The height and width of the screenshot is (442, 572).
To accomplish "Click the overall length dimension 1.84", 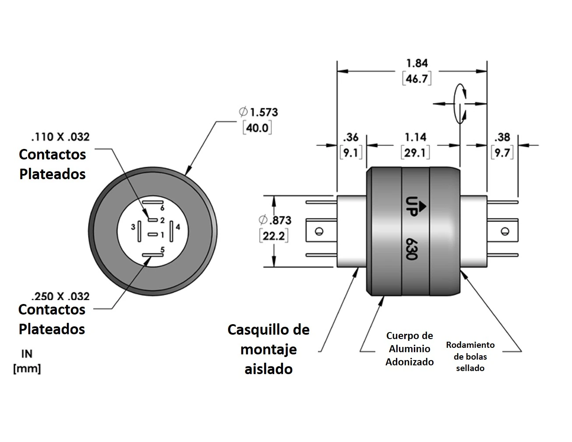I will click(x=417, y=63).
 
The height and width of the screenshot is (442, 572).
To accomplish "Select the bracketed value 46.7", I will click(x=417, y=79).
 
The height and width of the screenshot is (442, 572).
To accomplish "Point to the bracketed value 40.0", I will click(x=258, y=128).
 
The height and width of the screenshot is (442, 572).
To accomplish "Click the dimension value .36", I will click(x=350, y=138).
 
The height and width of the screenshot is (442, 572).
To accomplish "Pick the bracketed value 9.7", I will click(x=502, y=153).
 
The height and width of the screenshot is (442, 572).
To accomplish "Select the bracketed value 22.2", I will click(x=273, y=237).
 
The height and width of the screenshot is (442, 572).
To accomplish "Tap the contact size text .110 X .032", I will click(x=60, y=137).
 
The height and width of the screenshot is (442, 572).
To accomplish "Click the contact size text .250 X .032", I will click(x=60, y=296).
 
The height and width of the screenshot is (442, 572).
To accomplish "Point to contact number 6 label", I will click(x=162, y=208).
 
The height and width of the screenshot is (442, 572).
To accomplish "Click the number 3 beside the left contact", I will click(x=133, y=227).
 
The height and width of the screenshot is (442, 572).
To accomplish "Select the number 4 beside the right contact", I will click(x=178, y=227).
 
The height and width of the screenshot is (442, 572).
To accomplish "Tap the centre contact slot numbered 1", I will click(x=152, y=235).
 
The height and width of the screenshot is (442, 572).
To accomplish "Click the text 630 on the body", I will click(x=410, y=248).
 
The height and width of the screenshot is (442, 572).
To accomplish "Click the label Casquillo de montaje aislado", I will click(x=268, y=349).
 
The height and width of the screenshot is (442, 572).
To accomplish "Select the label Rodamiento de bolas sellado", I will click(x=470, y=356).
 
